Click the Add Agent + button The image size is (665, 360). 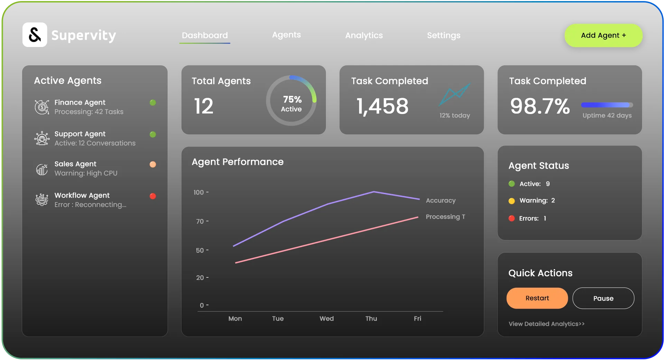tap(603, 35)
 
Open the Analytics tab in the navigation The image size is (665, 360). tap(364, 35)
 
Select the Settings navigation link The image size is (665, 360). tap(443, 35)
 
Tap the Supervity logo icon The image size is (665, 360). tap(35, 35)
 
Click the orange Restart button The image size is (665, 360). tap(537, 298)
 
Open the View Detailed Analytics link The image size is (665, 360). tap(546, 324)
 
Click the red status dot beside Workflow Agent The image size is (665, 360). tap(153, 196)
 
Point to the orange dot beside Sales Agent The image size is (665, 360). tap(153, 164)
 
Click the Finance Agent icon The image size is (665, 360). tap(42, 107)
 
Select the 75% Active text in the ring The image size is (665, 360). tap(292, 104)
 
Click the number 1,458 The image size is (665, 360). tap(382, 106)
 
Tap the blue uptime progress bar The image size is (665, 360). tap(607, 105)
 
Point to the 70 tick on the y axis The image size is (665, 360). tap(200, 221)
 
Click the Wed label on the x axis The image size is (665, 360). tap(326, 319)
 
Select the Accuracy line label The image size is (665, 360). tap(441, 200)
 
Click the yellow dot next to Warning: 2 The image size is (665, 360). tap(512, 201)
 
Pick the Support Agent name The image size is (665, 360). tap(80, 134)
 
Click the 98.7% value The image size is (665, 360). tap(540, 106)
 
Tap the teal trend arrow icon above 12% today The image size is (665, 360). tap(455, 94)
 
